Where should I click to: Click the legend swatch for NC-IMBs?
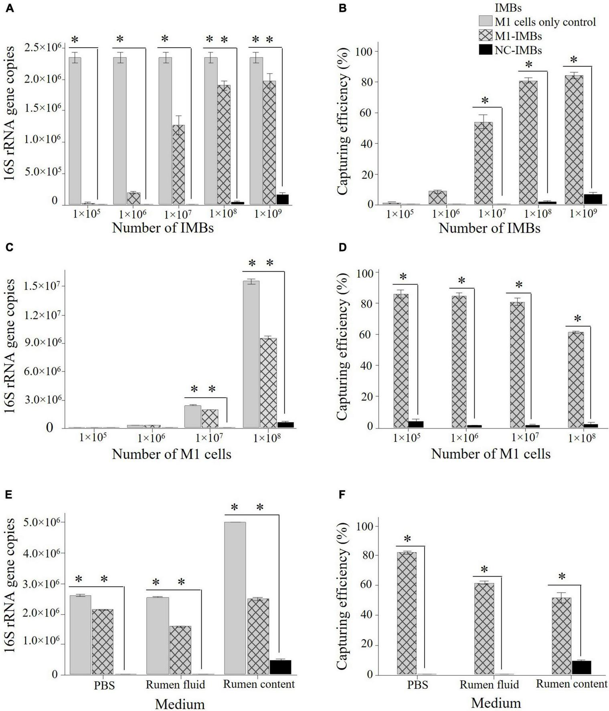click(x=486, y=50)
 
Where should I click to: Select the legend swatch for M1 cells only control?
click(x=486, y=21)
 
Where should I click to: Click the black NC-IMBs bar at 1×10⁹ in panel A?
click(x=274, y=199)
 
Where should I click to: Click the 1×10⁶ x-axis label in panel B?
click(x=441, y=215)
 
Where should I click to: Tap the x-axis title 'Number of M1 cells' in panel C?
click(x=172, y=454)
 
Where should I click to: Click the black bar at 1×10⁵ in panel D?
click(x=416, y=425)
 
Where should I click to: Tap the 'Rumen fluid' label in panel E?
click(x=175, y=684)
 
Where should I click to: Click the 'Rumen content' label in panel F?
click(x=571, y=684)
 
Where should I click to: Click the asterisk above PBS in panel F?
click(x=408, y=539)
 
